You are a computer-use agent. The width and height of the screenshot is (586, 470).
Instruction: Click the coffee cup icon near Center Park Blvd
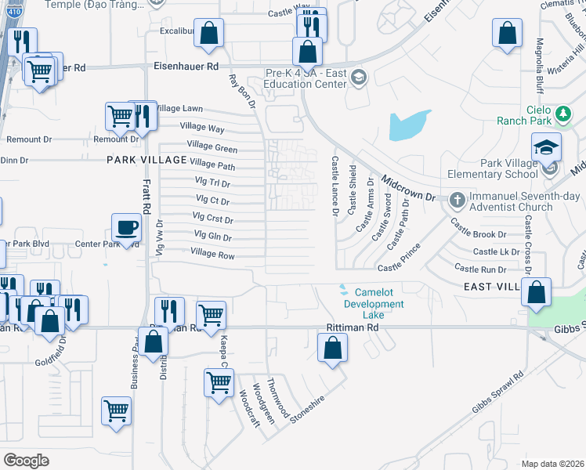126,228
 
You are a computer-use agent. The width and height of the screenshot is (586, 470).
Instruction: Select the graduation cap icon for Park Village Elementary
546,146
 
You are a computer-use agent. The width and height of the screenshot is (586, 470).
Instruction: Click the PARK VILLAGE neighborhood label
147,160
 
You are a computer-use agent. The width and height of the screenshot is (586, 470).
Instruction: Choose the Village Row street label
213,255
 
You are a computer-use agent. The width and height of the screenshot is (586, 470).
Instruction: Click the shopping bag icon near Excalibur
209,34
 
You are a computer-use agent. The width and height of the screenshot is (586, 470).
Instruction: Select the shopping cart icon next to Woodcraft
219,382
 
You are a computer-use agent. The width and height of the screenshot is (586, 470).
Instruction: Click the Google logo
26,460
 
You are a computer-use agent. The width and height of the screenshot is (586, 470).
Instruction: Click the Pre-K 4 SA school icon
358,77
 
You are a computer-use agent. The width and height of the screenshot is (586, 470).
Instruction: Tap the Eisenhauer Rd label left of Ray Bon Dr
186,67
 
